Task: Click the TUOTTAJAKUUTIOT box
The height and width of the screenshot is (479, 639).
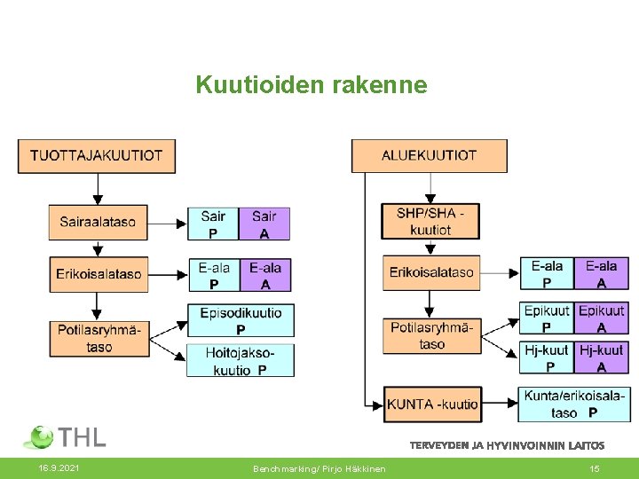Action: click(x=97, y=155)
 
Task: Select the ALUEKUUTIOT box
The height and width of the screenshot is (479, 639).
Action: click(x=430, y=155)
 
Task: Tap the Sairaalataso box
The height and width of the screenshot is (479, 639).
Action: click(x=98, y=222)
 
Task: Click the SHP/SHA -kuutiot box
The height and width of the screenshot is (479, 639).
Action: click(x=430, y=222)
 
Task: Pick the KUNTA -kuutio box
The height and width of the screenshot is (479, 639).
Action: click(x=432, y=404)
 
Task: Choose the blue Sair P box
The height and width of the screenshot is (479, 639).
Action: click(x=213, y=224)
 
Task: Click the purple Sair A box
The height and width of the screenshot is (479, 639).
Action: click(x=264, y=224)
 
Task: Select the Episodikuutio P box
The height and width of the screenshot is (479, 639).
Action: click(x=241, y=320)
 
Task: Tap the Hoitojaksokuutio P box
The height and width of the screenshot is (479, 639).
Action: click(x=241, y=361)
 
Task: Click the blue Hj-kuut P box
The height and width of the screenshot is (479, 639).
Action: click(x=547, y=358)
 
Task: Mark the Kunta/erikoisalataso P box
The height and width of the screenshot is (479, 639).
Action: click(x=573, y=404)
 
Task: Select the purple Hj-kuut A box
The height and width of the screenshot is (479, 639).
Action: click(x=602, y=358)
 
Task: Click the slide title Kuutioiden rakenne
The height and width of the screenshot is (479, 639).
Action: click(x=311, y=85)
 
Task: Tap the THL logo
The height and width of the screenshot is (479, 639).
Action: click(x=65, y=436)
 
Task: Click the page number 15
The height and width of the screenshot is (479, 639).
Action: click(x=595, y=468)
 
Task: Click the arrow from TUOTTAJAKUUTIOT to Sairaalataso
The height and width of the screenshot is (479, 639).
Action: click(x=98, y=189)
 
